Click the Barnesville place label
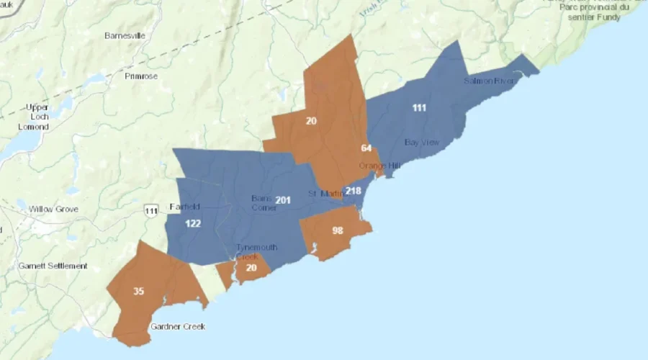tap(125, 35)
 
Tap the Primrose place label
tap(140, 76)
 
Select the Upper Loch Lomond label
tap(34, 117)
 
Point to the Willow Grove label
tap(53, 210)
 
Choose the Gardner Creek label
tap(178, 327)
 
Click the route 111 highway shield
tap(150, 210)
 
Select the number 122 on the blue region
tap(193, 224)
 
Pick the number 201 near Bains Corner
tap(283, 199)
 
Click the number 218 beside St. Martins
tap(353, 191)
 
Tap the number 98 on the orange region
tap(338, 230)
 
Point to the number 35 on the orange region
tap(138, 292)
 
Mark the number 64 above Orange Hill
tap(366, 148)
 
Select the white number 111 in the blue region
tap(419, 108)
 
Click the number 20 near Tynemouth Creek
tap(251, 267)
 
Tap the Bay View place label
tap(422, 143)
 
